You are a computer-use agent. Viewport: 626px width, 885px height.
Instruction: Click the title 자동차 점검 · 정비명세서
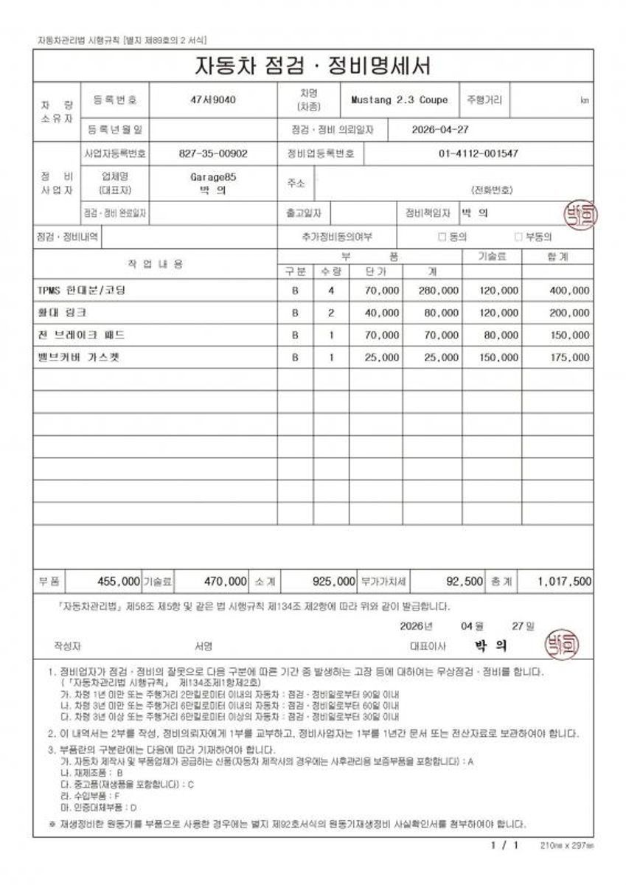point(313,66)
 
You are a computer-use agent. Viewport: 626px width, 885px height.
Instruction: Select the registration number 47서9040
point(213,100)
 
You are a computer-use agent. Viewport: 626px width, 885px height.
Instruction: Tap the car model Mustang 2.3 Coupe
point(399,100)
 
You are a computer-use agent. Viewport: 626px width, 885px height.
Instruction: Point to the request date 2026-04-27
point(440,129)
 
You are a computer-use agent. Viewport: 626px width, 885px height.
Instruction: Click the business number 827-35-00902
point(213,154)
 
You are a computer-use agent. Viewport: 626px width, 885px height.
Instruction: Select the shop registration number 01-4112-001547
point(478,154)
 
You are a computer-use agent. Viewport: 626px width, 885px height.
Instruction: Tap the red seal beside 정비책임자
point(580,214)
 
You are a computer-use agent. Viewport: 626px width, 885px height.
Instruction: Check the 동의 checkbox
point(442,237)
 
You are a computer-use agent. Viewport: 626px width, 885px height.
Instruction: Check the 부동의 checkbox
point(518,237)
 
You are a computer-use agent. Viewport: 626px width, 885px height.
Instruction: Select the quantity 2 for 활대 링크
point(331,313)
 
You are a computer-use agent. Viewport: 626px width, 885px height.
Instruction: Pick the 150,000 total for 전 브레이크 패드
point(570,335)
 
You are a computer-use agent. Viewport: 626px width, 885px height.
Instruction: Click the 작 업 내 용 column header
point(156,264)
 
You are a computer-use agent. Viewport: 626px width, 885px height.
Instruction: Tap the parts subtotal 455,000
point(119,581)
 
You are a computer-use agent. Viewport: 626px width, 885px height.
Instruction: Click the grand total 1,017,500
point(564,581)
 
